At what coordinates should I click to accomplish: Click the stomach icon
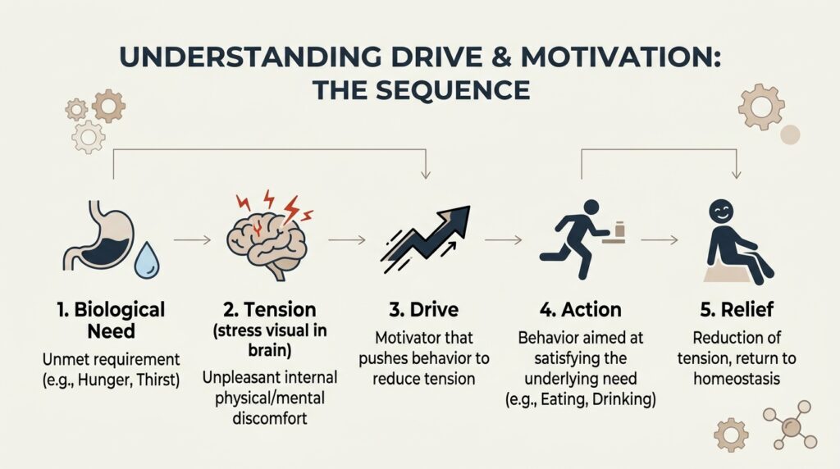pyautogui.click(x=99, y=239)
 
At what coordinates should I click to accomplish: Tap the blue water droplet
pyautogui.click(x=147, y=262)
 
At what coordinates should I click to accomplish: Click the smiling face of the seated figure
pyautogui.click(x=720, y=211)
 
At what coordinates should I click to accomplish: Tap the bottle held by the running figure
pyautogui.click(x=620, y=229)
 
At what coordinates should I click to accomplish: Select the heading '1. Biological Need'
pyautogui.click(x=112, y=320)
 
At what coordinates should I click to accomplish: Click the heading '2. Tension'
pyautogui.click(x=269, y=309)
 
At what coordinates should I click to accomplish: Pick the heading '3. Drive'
pyautogui.click(x=424, y=309)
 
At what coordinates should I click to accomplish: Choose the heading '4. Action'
pyautogui.click(x=580, y=309)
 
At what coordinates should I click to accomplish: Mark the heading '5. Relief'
pyautogui.click(x=737, y=309)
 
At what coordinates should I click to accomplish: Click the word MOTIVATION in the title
pyautogui.click(x=621, y=57)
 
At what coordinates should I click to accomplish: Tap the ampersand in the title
pyautogui.click(x=501, y=57)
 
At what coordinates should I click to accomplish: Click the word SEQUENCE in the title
pyautogui.click(x=453, y=90)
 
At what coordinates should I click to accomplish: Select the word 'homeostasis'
pyautogui.click(x=737, y=379)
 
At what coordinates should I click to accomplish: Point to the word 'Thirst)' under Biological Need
pyautogui.click(x=158, y=380)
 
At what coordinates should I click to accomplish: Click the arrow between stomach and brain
pyautogui.click(x=192, y=240)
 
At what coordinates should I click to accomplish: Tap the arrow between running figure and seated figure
pyautogui.click(x=660, y=240)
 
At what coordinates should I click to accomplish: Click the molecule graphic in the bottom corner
pyautogui.click(x=791, y=425)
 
